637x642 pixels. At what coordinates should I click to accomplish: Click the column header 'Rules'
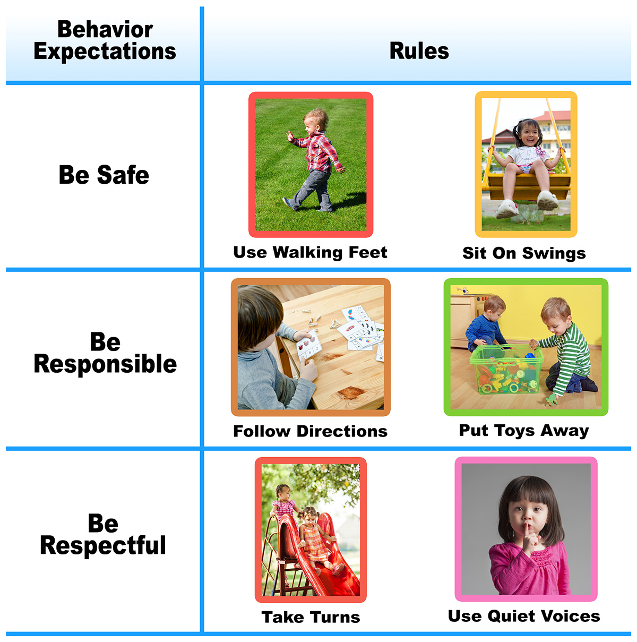coord(419,51)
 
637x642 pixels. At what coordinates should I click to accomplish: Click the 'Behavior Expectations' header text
coord(105,40)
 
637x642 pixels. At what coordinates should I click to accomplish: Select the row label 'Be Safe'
coord(104,175)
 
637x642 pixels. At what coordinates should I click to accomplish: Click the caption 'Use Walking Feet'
coord(310,252)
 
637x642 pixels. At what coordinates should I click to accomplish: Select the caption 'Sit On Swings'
coord(524,253)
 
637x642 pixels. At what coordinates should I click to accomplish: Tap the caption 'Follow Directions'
coord(310,431)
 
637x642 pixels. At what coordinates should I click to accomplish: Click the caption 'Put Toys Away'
coord(524,431)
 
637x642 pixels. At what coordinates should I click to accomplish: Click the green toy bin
coord(506,370)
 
